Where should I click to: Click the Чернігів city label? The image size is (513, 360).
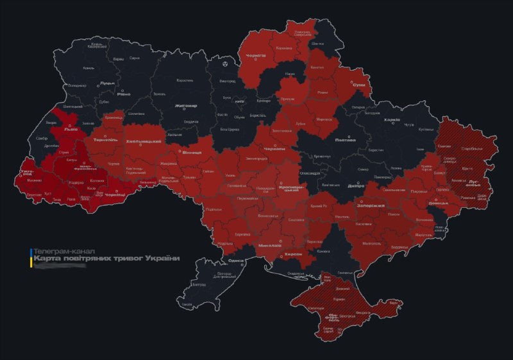256,56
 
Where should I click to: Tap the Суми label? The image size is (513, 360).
359,85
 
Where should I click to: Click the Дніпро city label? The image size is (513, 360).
355,185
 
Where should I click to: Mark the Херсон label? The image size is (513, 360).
292,254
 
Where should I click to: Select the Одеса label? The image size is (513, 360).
236,261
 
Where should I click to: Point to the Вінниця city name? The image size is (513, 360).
192,153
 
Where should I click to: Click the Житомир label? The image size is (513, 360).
185,105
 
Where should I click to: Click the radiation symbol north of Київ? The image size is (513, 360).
225,64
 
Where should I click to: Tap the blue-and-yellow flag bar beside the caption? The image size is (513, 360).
29,255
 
